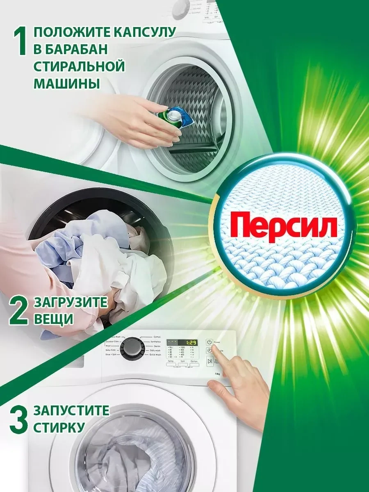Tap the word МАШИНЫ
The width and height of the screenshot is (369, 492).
coord(66,84)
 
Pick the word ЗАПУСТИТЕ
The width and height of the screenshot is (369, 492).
coord(71,411)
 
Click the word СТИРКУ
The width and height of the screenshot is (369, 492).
coord(59,428)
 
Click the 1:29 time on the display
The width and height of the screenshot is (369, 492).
coord(189,342)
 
